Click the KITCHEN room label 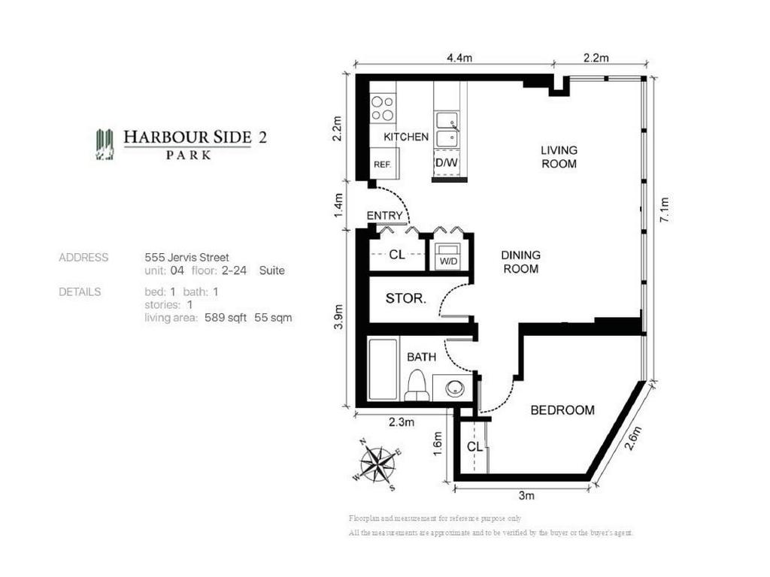tap(406, 137)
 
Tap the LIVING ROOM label tap(559, 157)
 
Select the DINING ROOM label tap(520, 261)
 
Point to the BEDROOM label tap(562, 410)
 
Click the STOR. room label tap(406, 298)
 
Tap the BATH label tap(421, 357)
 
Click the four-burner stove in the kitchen tap(383, 108)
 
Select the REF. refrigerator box tap(383, 163)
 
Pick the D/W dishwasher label tap(448, 163)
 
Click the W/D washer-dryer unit tap(449, 253)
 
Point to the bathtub tap(382, 370)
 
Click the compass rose tap(378, 464)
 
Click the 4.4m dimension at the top tap(458, 58)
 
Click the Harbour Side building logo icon tap(105, 144)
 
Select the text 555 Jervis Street tap(186, 257)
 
